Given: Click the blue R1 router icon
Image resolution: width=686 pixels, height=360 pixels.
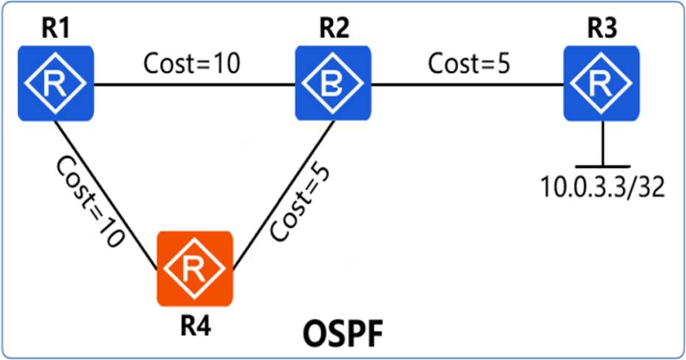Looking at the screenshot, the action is (55, 83).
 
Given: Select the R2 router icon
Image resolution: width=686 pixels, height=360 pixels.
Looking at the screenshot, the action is (333, 83).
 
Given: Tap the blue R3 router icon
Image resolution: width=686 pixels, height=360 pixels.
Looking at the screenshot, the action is (602, 83).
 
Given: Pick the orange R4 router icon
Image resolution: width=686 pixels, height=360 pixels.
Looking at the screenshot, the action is (195, 269).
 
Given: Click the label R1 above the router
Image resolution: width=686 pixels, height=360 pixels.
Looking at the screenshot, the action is (55, 30).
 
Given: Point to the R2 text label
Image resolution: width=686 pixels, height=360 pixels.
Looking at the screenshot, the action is (333, 30).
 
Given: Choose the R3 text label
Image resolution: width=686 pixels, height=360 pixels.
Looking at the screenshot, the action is (602, 30).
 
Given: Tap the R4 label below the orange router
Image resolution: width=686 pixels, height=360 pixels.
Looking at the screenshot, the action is (195, 326).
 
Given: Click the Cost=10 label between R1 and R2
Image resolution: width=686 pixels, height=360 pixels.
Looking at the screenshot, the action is (192, 64).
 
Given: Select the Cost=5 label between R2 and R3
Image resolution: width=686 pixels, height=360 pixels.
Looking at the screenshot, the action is (469, 64).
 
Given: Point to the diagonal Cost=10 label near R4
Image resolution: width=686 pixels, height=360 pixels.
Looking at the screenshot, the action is (91, 201).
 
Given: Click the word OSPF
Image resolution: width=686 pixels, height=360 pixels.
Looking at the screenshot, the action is (342, 335).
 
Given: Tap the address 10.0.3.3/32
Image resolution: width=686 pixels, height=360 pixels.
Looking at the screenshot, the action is (603, 187).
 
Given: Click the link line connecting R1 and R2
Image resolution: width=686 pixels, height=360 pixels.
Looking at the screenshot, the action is (195, 84).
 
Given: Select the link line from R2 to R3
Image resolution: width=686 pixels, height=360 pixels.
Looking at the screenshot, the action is (467, 84).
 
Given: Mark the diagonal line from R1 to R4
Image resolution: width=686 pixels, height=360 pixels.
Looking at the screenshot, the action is (105, 195).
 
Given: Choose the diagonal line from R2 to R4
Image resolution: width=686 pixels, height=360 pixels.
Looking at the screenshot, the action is (284, 195).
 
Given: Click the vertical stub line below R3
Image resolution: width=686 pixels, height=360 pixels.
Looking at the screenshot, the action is (603, 144).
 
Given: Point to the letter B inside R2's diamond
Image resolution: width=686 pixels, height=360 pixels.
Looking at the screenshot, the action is (333, 84).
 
